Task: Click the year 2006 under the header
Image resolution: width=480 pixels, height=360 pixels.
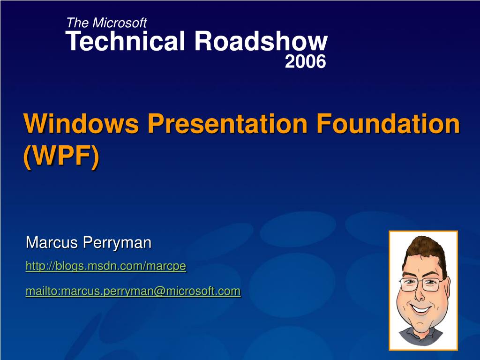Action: coord(305,61)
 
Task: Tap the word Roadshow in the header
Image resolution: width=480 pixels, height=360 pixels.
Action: coord(261,42)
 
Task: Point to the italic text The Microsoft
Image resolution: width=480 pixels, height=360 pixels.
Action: coord(106,22)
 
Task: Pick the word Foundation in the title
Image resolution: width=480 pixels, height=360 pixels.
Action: coord(388,124)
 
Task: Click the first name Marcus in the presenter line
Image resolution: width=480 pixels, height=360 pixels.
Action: coord(52,243)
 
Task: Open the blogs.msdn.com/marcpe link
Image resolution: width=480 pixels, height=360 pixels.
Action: coord(105,266)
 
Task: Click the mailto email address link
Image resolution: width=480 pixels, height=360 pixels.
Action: coord(133,291)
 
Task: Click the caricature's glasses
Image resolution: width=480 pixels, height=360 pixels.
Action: coord(420,284)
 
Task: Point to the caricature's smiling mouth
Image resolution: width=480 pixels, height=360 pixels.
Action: coord(420,308)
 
